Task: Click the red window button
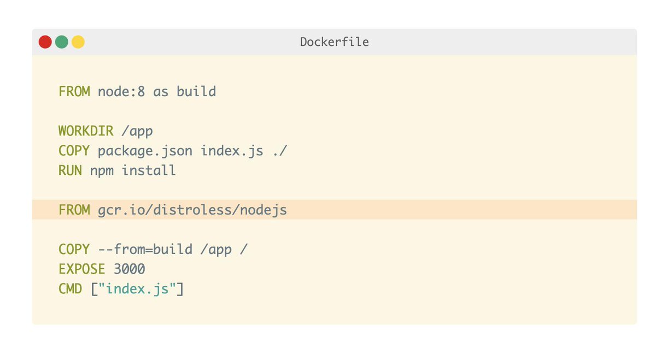click(45, 42)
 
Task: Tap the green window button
click(61, 42)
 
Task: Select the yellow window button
click(78, 42)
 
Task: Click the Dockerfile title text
click(335, 42)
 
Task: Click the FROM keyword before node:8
click(74, 92)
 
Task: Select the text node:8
click(121, 92)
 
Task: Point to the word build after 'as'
click(196, 91)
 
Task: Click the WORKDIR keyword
click(86, 131)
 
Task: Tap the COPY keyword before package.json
click(74, 151)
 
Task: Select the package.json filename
click(145, 151)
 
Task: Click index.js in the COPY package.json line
click(232, 151)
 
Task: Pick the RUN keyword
click(71, 170)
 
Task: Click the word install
click(149, 170)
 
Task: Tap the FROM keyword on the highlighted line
click(74, 210)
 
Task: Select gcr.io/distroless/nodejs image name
click(192, 210)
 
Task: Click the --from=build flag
click(145, 249)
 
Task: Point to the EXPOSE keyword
click(81, 269)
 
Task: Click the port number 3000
click(129, 269)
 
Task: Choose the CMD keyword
click(71, 289)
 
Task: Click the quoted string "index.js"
click(137, 289)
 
